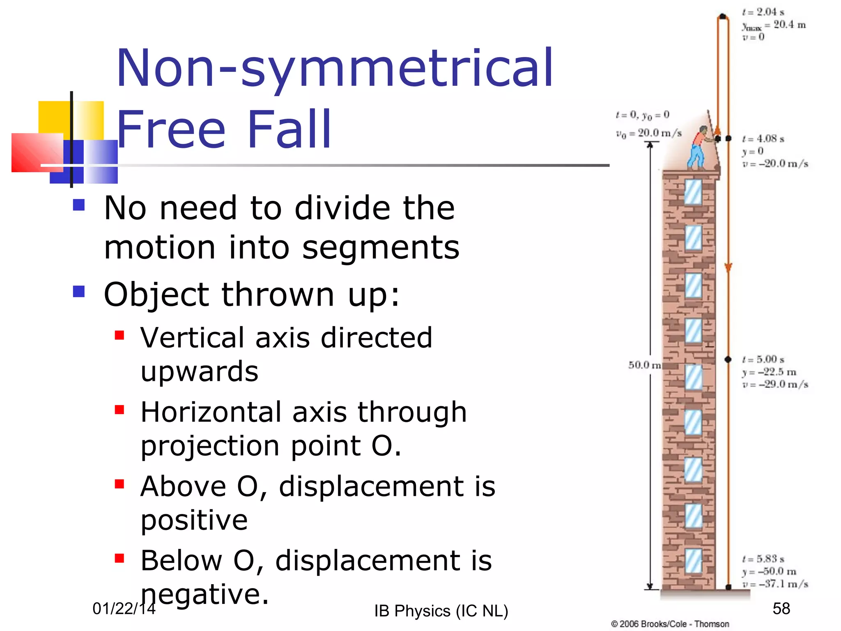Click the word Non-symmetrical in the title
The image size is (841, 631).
(x=335, y=69)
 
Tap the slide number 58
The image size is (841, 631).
(x=781, y=608)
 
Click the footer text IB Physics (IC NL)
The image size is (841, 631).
(x=441, y=611)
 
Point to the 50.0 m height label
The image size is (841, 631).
(x=644, y=365)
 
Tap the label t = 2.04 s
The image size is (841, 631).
(x=763, y=12)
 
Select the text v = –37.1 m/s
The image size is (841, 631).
(x=775, y=584)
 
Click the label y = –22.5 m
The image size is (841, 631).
(x=769, y=372)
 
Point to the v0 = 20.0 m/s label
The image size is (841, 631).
(x=648, y=133)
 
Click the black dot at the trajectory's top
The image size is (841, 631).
(x=723, y=16)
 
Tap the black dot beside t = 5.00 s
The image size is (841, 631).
(x=728, y=359)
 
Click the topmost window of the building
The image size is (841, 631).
(x=693, y=192)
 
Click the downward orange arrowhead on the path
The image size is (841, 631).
(x=728, y=268)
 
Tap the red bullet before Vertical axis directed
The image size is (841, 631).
(x=119, y=336)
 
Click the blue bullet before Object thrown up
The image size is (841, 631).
(x=79, y=292)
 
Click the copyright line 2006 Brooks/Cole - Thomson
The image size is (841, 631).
(x=670, y=624)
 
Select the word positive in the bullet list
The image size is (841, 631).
(x=194, y=520)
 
